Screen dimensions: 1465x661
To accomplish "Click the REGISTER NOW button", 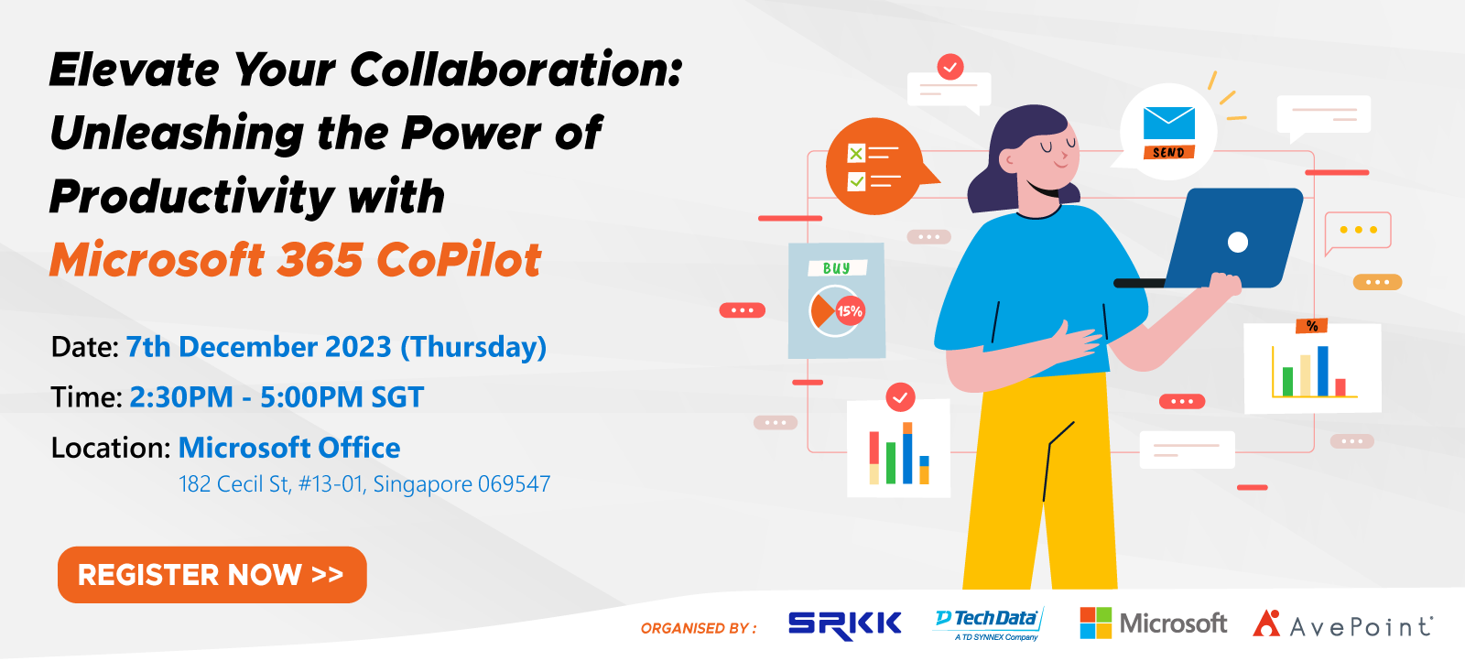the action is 212,575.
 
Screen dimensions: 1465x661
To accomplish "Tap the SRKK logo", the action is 844,625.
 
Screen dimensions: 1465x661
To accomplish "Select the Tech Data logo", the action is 989,624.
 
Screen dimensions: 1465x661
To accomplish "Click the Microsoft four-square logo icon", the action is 1095,623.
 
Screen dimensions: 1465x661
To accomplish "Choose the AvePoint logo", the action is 1342,623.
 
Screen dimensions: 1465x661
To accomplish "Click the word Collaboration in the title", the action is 516,70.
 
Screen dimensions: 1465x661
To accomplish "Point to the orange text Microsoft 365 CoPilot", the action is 296,260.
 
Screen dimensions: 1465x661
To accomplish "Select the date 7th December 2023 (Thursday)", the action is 336,347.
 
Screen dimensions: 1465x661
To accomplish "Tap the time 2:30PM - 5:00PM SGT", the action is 277,396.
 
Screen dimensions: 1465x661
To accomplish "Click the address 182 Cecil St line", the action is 364,483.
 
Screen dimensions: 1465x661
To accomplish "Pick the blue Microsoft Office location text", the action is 289,448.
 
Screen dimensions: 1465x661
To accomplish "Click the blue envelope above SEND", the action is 1168,123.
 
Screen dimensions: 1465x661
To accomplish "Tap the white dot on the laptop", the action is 1237,242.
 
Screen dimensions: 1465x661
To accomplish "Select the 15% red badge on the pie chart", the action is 850,311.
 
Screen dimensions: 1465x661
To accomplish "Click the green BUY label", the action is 837,268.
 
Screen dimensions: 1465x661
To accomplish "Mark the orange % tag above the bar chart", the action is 1311,326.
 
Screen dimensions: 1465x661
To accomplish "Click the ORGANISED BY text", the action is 699,628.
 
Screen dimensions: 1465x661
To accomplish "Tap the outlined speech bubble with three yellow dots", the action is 1358,231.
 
